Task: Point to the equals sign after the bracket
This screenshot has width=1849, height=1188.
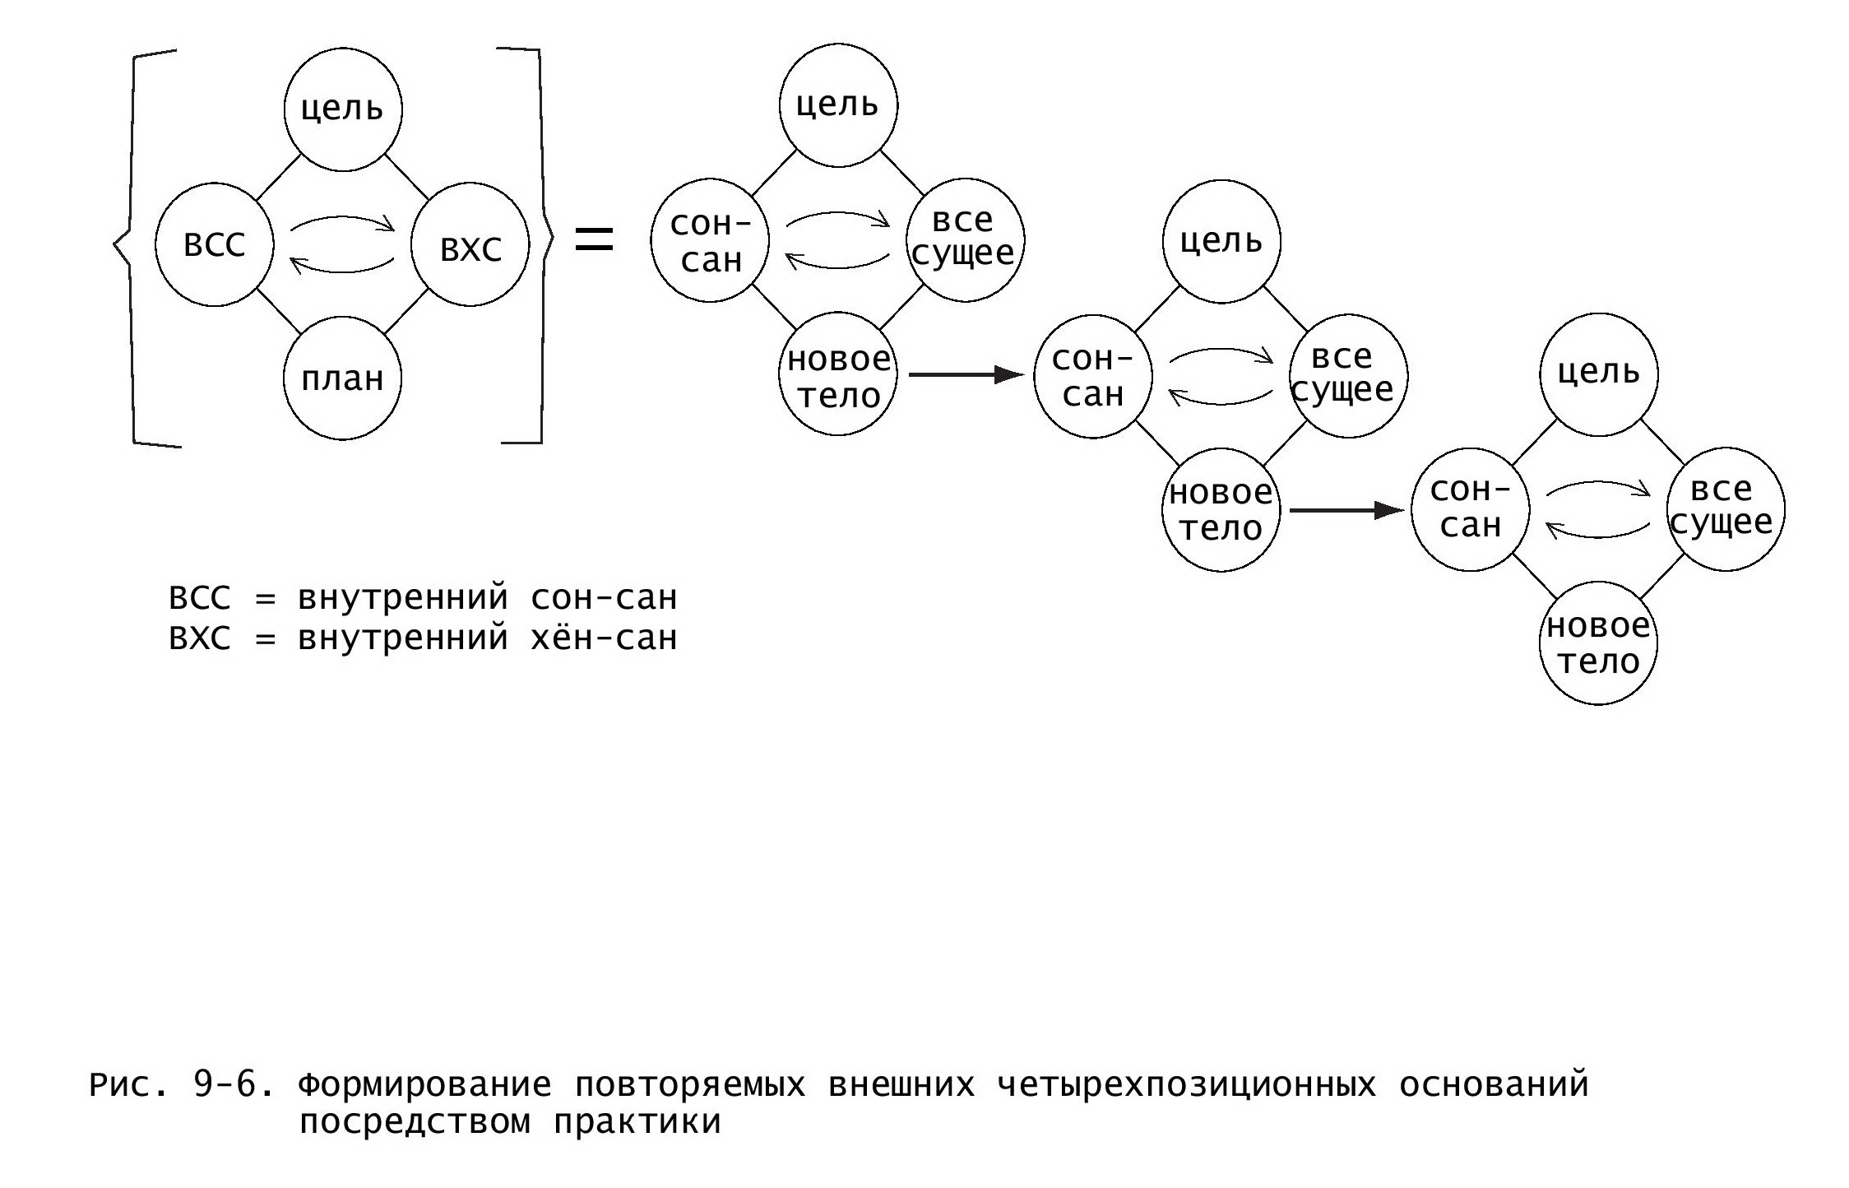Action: (594, 239)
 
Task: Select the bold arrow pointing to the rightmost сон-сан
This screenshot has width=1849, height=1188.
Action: (1346, 510)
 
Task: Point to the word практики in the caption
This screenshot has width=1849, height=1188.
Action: (637, 1122)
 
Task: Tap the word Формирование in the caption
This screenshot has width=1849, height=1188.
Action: (424, 1085)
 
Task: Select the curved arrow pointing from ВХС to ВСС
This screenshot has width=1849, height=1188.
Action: (342, 265)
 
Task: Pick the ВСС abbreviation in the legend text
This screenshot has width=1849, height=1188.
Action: (200, 598)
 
